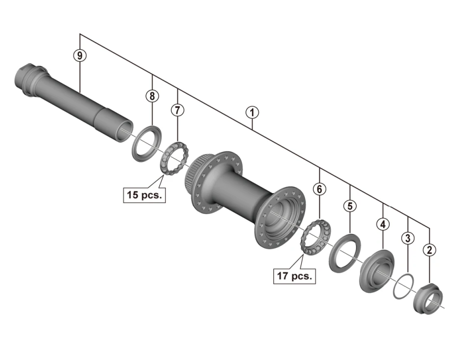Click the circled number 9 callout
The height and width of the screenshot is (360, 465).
tap(79, 55)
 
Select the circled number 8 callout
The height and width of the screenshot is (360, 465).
tap(152, 96)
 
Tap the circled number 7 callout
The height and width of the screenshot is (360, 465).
tap(177, 110)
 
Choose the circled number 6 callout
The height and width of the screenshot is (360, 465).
tap(319, 189)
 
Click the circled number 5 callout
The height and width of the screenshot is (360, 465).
tap(349, 206)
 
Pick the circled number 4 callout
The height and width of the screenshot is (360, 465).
tap(383, 224)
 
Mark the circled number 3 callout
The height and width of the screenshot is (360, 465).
tap(407, 238)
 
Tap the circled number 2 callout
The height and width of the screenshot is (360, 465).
tap(430, 250)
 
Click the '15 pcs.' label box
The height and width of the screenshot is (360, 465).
tap(145, 194)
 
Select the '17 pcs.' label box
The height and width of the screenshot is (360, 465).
tap(294, 276)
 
